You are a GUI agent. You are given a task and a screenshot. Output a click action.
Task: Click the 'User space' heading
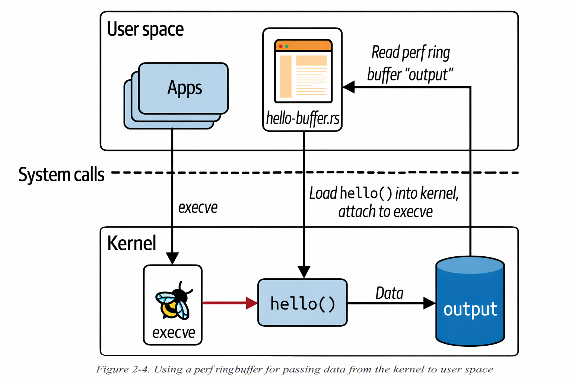pyautogui.click(x=145, y=29)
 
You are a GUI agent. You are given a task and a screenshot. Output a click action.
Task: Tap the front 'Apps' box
pyautogui.click(x=184, y=88)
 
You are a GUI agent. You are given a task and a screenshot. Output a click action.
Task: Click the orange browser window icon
pyautogui.click(x=303, y=71)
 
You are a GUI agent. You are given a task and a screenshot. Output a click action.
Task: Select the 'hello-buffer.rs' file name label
pyautogui.click(x=302, y=118)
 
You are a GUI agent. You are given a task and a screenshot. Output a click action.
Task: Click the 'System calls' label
pyautogui.click(x=61, y=175)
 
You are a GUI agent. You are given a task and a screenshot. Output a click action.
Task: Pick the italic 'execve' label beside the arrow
pyautogui.click(x=198, y=208)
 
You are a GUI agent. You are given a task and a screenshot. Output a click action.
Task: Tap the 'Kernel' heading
pyautogui.click(x=131, y=243)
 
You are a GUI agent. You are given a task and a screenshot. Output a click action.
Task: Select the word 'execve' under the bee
pyautogui.click(x=174, y=332)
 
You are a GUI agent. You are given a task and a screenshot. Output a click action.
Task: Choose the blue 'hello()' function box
pyautogui.click(x=302, y=303)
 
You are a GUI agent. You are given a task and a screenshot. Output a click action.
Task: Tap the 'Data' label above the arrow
pyautogui.click(x=389, y=293)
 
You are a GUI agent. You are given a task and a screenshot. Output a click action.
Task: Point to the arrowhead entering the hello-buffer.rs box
pyautogui.click(x=349, y=87)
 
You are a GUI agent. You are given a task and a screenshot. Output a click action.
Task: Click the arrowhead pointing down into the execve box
pyautogui.click(x=172, y=258)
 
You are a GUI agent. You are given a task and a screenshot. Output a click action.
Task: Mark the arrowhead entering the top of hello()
pyautogui.click(x=304, y=272)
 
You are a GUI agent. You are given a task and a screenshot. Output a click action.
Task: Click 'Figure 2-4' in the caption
pyautogui.click(x=123, y=369)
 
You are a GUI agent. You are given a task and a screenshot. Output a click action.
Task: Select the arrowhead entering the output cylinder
pyautogui.click(x=429, y=303)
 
